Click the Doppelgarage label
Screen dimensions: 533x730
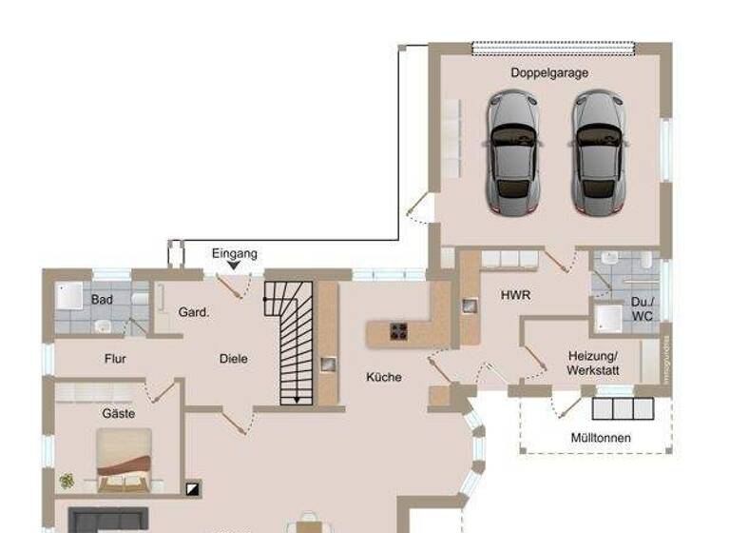tap(549, 72)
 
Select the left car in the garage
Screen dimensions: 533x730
tap(513, 153)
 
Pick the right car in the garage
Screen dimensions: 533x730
tap(598, 153)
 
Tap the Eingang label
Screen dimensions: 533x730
tap(234, 254)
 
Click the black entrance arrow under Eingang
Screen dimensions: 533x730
tap(234, 266)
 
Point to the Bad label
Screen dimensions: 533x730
tap(102, 300)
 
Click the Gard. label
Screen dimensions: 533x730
tap(194, 311)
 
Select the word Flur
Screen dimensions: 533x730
tap(115, 359)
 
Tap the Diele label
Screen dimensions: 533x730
tap(233, 359)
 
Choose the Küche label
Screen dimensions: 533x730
tap(384, 377)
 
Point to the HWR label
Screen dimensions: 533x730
tap(516, 295)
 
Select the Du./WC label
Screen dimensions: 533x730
tap(643, 309)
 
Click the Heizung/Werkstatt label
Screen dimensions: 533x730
tap(591, 362)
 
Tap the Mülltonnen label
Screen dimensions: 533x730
tap(601, 438)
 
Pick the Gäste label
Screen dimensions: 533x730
tap(119, 414)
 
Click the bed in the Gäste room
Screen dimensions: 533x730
tap(124, 460)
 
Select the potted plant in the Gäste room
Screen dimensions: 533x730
tap(67, 482)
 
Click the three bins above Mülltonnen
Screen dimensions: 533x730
tap(623, 409)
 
